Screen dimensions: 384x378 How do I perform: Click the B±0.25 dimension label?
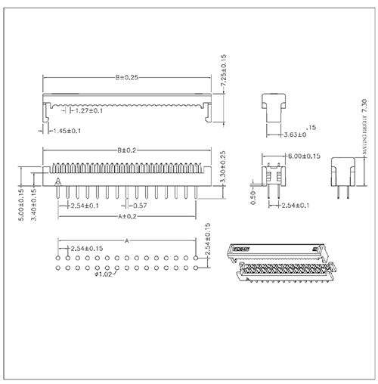126,78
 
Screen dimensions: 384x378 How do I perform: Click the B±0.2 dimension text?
126,150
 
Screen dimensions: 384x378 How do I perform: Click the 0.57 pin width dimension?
138,206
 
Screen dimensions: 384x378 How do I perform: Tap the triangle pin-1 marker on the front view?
58,181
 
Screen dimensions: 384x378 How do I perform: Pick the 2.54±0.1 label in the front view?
84,206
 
